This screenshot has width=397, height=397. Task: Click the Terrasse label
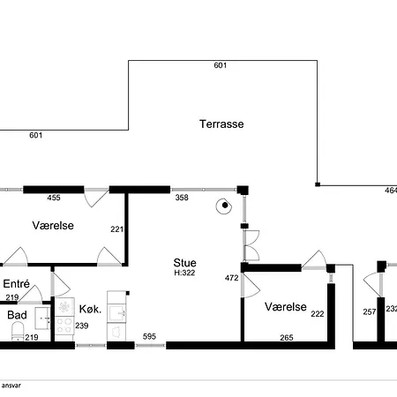coord(221,124)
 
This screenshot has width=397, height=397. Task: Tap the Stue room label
coord(184,263)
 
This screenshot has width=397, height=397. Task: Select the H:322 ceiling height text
coord(184,273)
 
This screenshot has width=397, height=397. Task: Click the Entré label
coord(16,284)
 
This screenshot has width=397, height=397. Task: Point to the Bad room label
coord(17,315)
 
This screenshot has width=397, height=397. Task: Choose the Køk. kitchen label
coord(90,309)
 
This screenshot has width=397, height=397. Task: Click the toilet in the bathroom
coord(18,332)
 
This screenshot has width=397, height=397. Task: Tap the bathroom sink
coord(42,318)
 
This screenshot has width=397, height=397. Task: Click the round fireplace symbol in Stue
coord(224,206)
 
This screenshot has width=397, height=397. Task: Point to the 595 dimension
coord(149,336)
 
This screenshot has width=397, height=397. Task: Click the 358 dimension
coord(182,198)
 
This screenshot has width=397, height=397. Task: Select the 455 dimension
coord(54,198)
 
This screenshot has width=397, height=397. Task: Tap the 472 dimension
coord(231,278)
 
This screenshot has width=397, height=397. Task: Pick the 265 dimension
coord(287,337)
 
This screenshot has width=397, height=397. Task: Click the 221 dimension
coord(116,228)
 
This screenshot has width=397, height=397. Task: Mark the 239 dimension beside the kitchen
coord(82,326)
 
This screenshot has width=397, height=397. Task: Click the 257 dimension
coord(370,311)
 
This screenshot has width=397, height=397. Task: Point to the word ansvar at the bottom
coord(11,386)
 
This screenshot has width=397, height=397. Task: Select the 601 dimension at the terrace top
coord(221,65)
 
